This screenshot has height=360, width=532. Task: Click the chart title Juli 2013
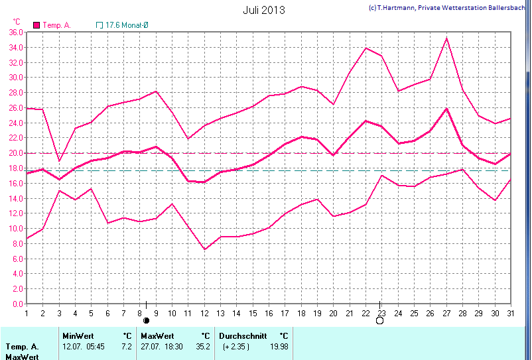264,10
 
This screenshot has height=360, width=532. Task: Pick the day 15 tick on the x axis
253,313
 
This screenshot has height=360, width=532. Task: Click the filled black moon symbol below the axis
147,320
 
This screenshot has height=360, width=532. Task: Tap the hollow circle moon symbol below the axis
380,320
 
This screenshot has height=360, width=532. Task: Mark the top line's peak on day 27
446,38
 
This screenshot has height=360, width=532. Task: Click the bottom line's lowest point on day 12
205,249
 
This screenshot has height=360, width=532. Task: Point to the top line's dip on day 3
59,160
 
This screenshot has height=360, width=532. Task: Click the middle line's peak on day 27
446,108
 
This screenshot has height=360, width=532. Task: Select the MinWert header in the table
77,336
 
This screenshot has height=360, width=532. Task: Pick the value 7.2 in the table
126,347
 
